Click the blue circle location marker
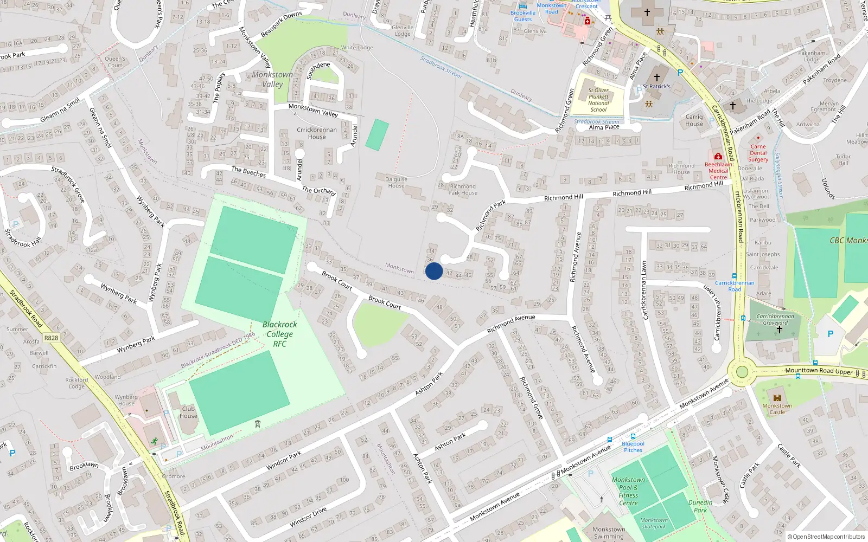434,271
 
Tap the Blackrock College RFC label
279,334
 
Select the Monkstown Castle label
777,409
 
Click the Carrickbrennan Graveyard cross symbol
780,330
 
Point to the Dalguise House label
396,183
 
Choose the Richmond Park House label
463,189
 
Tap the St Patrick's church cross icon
657,78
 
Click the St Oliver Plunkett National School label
598,100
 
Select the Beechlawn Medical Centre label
718,171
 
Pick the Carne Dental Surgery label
758,153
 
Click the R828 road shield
51,338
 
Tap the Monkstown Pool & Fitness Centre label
628,491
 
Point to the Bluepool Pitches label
633,447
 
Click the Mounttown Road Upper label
819,371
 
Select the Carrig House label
694,120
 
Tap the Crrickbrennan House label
317,133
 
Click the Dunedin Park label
700,506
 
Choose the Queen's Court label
115,62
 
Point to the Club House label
188,412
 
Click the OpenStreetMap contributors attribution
826,537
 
